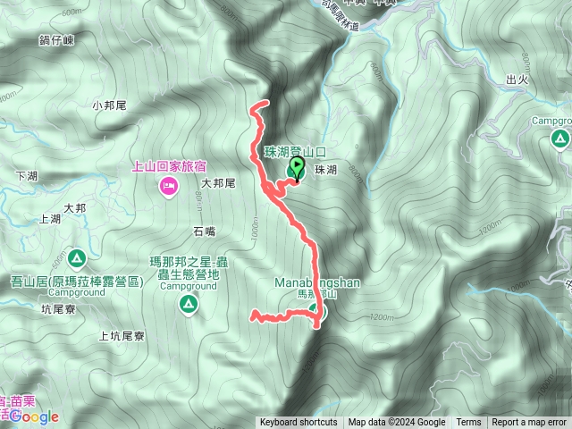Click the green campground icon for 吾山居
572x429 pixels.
pos(77,259)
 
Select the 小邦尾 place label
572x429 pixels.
pos(109,105)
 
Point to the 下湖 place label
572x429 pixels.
pos(27,175)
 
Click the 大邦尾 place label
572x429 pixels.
pos(217,183)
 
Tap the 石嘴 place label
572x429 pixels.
pos(204,231)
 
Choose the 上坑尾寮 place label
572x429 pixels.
pos(122,337)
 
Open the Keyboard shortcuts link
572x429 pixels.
pos(299,423)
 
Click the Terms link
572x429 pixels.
pos(468,423)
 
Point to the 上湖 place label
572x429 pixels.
pos(50,218)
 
